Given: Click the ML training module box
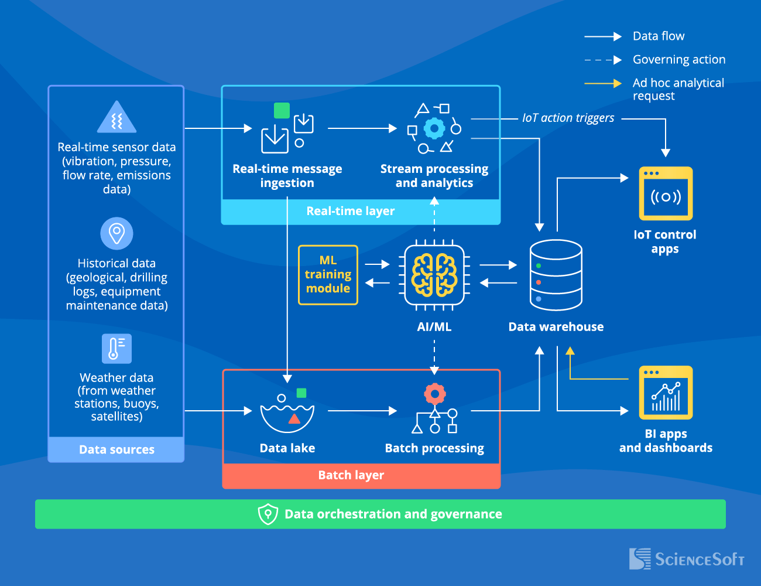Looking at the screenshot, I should click(328, 275).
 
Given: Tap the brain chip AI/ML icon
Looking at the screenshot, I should click(434, 275).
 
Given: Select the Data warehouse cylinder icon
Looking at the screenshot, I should click(556, 275).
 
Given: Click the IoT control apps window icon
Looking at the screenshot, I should click(666, 194).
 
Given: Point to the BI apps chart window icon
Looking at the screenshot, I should click(666, 393).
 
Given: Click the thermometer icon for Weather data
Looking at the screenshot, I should click(116, 349).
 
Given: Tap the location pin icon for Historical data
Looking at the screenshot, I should click(116, 233).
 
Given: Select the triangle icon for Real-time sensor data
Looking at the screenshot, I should click(116, 118).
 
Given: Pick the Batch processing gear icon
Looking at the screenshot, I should click(434, 394).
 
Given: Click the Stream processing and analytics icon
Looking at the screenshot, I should click(434, 128).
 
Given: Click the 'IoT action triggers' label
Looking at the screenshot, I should click(568, 118).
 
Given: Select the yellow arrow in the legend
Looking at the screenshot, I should click(603, 83).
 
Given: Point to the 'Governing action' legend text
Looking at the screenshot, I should click(679, 59).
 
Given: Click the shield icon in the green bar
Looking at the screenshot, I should click(268, 514).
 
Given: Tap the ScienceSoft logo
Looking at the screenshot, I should click(686, 559).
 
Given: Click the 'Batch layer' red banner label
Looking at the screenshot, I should click(351, 475).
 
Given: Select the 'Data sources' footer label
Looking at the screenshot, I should click(116, 449).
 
